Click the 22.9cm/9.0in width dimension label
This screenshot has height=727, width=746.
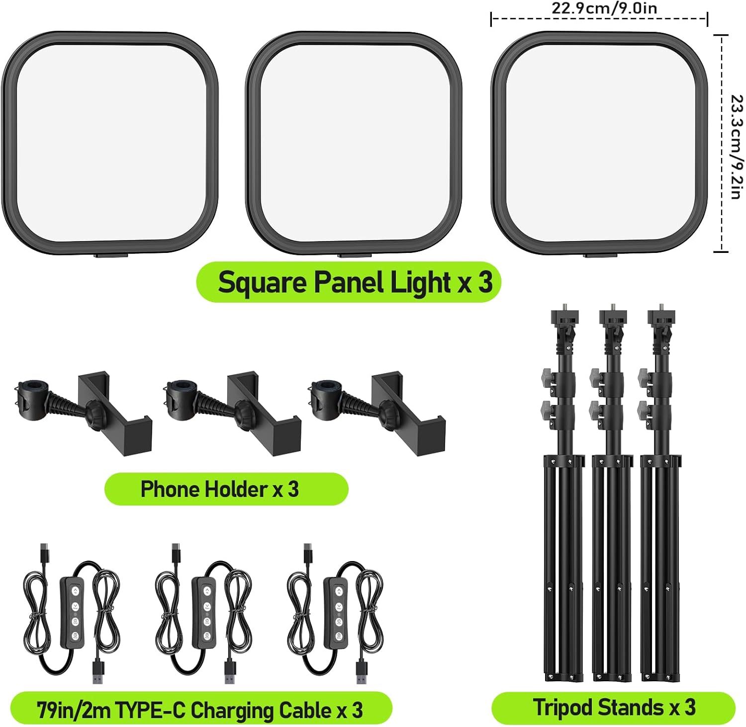click(604, 8)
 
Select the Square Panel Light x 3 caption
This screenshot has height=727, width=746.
click(355, 282)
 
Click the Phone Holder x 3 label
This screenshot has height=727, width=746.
click(220, 489)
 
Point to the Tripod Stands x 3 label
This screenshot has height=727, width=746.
click(613, 707)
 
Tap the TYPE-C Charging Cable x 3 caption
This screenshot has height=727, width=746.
click(200, 710)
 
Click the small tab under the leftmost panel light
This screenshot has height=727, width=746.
click(111, 256)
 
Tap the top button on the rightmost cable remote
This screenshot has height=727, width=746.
click(338, 591)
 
